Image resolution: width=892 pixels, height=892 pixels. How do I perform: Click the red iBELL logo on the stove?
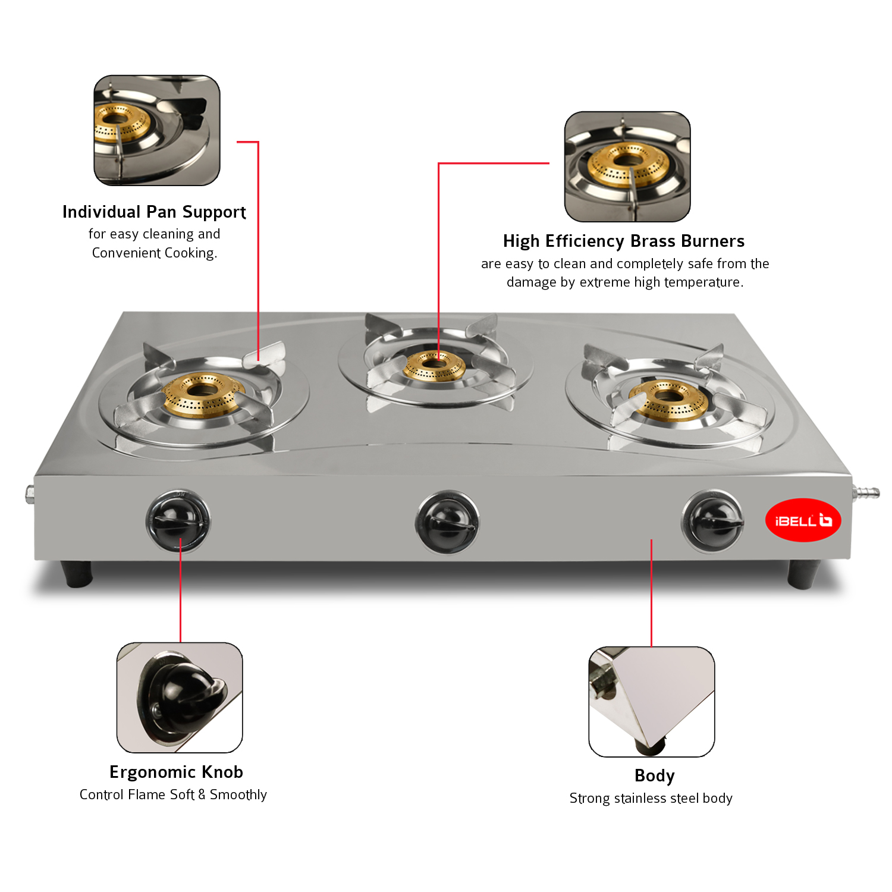click(803, 520)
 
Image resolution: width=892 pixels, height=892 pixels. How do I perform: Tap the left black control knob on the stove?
click(178, 521)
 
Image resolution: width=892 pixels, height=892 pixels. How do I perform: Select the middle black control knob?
click(447, 522)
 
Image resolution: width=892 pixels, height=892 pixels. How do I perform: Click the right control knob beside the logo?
click(712, 522)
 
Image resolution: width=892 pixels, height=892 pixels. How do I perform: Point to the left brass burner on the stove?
click(202, 394)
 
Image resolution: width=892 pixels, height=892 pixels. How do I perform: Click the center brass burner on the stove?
click(434, 365)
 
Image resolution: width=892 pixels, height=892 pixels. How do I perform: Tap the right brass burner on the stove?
click(668, 398)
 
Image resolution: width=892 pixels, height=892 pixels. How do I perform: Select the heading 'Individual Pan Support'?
click(154, 212)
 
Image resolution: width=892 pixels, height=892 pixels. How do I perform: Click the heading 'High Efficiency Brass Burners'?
click(624, 241)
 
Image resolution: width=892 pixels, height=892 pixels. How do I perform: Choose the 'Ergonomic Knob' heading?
click(176, 772)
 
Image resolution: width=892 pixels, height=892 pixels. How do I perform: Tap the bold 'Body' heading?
click(654, 775)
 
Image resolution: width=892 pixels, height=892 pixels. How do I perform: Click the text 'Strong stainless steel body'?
click(651, 798)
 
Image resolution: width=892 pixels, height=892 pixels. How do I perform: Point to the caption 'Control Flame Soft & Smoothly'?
click(173, 794)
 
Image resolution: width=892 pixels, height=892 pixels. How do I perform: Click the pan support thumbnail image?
click(157, 130)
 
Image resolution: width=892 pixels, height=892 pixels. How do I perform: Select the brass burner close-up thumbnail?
click(627, 167)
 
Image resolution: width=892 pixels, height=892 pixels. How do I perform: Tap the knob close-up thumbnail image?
click(180, 698)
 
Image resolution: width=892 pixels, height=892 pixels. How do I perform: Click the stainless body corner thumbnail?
click(652, 702)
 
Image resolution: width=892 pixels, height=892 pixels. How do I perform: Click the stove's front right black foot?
click(803, 574)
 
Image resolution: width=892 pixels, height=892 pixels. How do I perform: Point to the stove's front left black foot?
click(77, 573)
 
